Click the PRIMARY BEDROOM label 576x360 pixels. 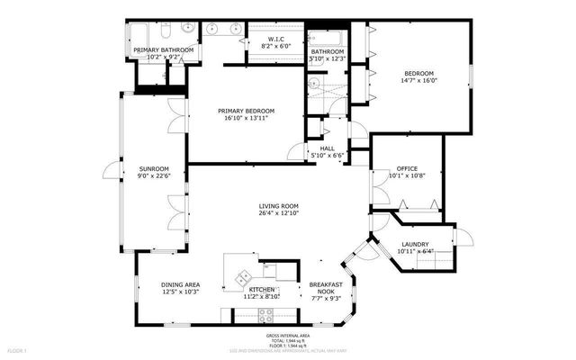click(246, 111)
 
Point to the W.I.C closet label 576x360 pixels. click(273, 38)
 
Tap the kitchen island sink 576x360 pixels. click(240, 274)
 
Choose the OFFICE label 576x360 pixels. click(407, 168)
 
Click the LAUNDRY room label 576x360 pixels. click(414, 244)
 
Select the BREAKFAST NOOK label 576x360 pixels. click(326, 284)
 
